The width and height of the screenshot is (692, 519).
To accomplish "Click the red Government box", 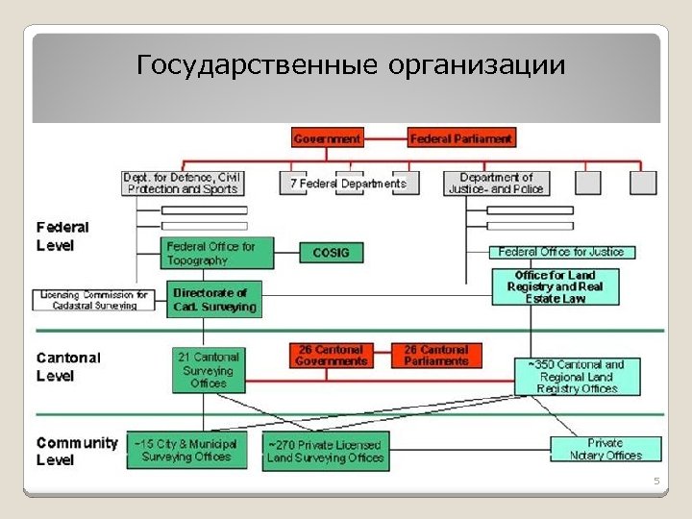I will pos(327,138).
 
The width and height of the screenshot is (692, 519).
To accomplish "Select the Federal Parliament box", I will pos(461,138).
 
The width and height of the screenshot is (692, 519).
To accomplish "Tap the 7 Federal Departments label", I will pos(348,184).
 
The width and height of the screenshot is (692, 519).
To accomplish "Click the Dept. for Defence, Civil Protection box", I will pos(182,183).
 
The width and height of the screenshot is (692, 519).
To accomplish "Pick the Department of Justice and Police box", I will pos(496,183).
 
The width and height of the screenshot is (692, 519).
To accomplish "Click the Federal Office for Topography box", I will pos(205,253).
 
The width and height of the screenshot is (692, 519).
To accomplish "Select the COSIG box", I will pos(332,253).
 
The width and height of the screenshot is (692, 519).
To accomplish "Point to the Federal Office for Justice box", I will pos(562,252).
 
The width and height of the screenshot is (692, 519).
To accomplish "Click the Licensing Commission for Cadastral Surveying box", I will pos(94,300).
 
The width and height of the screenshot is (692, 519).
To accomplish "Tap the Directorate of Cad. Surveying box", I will pos(214,300).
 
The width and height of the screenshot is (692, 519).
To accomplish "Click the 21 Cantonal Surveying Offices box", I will pos(208,370).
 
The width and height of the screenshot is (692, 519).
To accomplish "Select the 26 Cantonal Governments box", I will pos(332,356).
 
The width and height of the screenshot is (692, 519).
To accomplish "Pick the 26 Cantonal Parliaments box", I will pos(435,356).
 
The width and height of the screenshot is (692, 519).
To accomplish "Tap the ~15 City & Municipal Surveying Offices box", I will pos(186,451).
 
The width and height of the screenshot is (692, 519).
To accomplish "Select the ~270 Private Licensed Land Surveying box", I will pos(326,451).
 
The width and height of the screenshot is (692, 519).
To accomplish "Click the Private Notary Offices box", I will pos(605,449).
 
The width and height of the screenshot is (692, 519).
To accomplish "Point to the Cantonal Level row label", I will pos(68,366).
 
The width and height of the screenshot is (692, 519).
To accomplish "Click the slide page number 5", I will pos(657,480).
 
